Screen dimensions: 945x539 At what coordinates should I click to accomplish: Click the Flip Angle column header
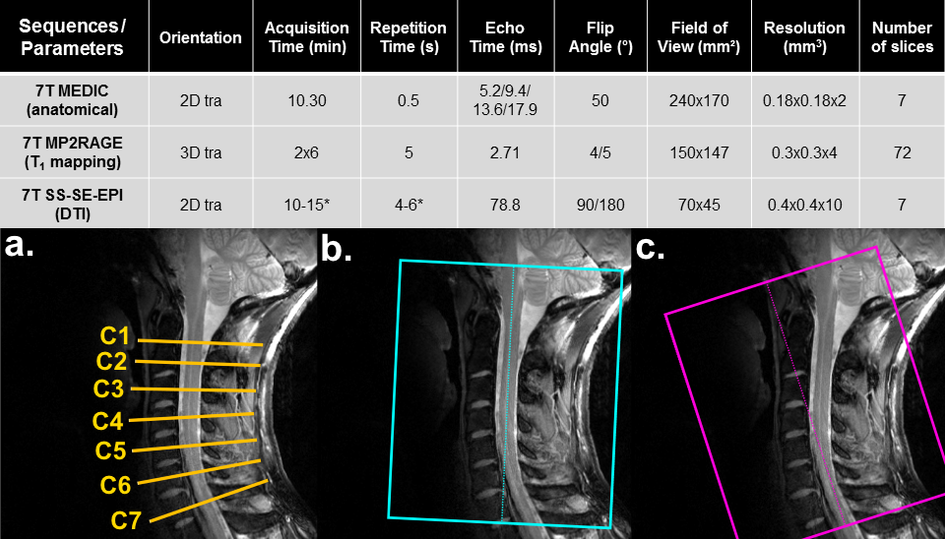pyautogui.click(x=595, y=37)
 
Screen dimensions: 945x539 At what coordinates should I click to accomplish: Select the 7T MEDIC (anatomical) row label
pyautogui.click(x=75, y=98)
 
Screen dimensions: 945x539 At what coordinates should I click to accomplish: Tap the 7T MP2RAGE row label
pyautogui.click(x=75, y=151)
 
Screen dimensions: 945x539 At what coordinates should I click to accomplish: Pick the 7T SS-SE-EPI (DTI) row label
pyautogui.click(x=75, y=205)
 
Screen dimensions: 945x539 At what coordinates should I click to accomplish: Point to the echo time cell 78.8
pyautogui.click(x=504, y=206)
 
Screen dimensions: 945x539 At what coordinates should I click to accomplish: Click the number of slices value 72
pyautogui.click(x=901, y=152)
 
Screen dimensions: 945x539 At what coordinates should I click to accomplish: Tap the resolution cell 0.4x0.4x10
pyautogui.click(x=804, y=206)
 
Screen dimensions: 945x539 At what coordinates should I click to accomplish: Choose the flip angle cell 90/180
pyautogui.click(x=595, y=206)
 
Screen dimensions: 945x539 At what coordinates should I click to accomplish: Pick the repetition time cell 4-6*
pyautogui.click(x=408, y=206)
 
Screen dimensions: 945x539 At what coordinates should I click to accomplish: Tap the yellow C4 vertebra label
pyautogui.click(x=108, y=421)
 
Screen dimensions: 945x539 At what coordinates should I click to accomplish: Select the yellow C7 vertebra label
pyautogui.click(x=125, y=520)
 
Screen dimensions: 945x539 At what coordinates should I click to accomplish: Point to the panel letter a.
pyautogui.click(x=20, y=247)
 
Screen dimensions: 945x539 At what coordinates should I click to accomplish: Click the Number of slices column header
pyautogui.click(x=901, y=37)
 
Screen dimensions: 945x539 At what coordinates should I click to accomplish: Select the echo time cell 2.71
pyautogui.click(x=504, y=152)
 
